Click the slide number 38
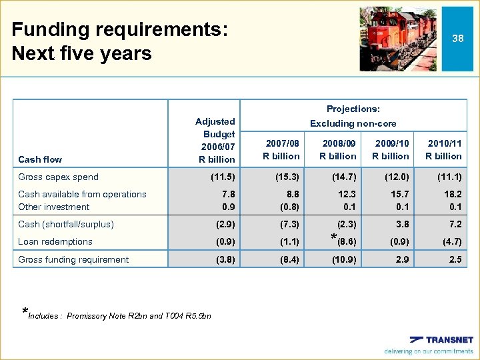coord(457,39)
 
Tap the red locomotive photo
coord(399,39)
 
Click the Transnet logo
coord(441,339)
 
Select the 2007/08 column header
coord(281,149)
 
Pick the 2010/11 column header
coord(443,149)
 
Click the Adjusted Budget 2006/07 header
coord(215,140)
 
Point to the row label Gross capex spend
coord(59,177)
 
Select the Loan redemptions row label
coord(55,241)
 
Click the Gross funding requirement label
coord(73,259)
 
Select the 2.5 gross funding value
coord(455,259)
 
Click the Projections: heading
coord(353,109)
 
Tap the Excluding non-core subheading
coord(353,123)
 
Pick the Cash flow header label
coord(40,159)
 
